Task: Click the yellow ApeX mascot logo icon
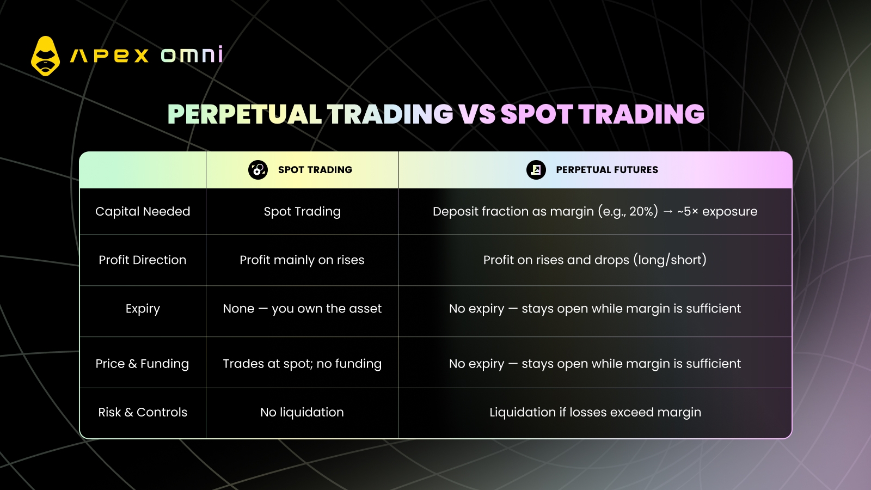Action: pyautogui.click(x=46, y=56)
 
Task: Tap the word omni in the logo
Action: pyautogui.click(x=192, y=54)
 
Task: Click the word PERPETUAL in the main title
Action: pyautogui.click(x=244, y=114)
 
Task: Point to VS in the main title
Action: pyautogui.click(x=477, y=114)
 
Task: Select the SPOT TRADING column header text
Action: pyautogui.click(x=315, y=170)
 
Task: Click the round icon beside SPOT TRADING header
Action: pyautogui.click(x=258, y=169)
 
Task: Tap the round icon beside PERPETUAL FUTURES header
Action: pyautogui.click(x=536, y=169)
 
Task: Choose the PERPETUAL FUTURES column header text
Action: pyautogui.click(x=607, y=170)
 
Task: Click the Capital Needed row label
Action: pyautogui.click(x=143, y=212)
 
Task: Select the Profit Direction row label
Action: pyautogui.click(x=142, y=260)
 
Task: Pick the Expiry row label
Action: pyautogui.click(x=143, y=309)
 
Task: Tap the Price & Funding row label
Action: pyautogui.click(x=142, y=364)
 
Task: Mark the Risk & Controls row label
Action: pyautogui.click(x=143, y=412)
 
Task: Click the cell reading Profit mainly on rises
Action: pyautogui.click(x=302, y=260)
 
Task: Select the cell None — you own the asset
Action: pyautogui.click(x=302, y=309)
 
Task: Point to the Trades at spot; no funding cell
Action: pyautogui.click(x=302, y=364)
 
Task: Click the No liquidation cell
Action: pyautogui.click(x=302, y=412)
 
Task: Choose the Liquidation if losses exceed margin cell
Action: pyautogui.click(x=596, y=412)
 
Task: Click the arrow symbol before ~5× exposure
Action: pyautogui.click(x=667, y=212)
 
